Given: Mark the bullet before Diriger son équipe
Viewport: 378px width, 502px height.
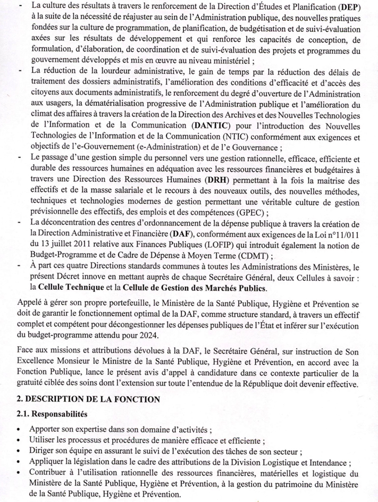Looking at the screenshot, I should click(20, 451).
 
